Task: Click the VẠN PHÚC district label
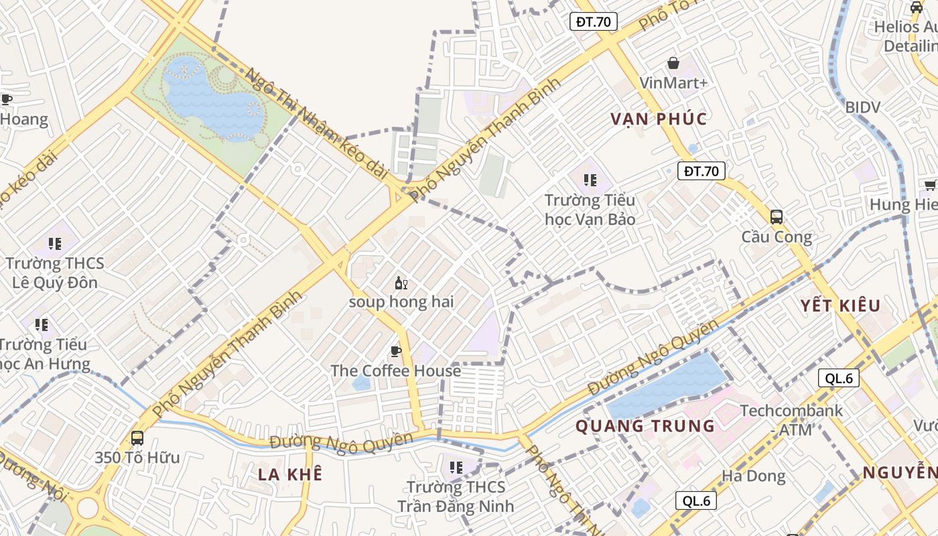click(659, 119)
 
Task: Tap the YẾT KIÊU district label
click(840, 306)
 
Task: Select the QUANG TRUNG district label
click(645, 426)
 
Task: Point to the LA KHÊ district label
click(290, 474)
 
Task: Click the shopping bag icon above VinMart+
click(673, 63)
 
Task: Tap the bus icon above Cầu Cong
click(777, 217)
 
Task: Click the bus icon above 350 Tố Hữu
click(137, 438)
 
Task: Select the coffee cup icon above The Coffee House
click(396, 351)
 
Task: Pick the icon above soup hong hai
click(401, 283)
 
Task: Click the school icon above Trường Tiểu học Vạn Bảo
click(590, 180)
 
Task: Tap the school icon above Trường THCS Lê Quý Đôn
click(55, 243)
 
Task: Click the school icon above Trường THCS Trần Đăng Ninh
click(456, 467)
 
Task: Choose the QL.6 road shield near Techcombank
click(839, 378)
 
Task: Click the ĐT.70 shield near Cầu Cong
click(701, 171)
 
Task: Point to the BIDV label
click(862, 107)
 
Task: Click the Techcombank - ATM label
click(791, 419)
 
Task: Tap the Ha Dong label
click(754, 476)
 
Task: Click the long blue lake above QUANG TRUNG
click(667, 387)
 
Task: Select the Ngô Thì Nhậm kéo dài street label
click(316, 124)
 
